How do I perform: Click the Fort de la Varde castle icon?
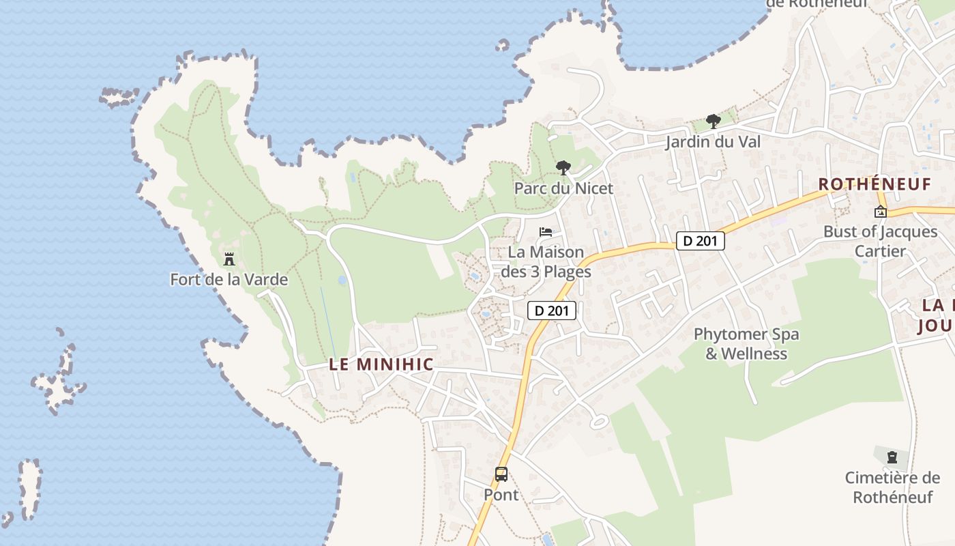pos(229,259)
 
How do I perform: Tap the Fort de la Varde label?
pos(229,280)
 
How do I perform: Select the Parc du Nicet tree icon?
pos(563,168)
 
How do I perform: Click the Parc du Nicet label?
pos(563,188)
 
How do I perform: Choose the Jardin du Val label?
pos(713,142)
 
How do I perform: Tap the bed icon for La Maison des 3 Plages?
pos(546,232)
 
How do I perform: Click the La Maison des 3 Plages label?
pos(546,262)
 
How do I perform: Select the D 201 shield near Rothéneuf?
pos(701,241)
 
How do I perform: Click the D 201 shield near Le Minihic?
pos(552,311)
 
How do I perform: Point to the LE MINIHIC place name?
pos(381,364)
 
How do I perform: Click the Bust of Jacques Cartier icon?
pos(881,212)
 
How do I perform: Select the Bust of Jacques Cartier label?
pos(880,241)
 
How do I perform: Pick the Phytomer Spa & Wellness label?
pos(746,344)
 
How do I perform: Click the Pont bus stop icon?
pos(501,474)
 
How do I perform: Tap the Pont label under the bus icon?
pos(501,494)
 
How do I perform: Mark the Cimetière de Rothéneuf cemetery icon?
pos(892,457)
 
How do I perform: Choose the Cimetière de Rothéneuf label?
pos(892,487)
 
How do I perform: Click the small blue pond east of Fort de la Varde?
pos(342,280)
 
